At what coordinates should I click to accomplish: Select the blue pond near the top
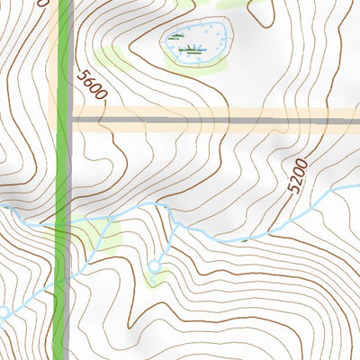coord(194,42)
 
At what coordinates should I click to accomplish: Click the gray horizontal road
coord(216,119)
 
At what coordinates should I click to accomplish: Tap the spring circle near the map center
coord(154,265)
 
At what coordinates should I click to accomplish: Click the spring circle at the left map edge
coord(3,312)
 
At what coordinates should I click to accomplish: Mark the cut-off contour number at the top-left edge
coord(38,4)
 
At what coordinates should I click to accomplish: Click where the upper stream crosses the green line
coord(63,223)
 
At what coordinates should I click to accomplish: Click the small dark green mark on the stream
coord(244,239)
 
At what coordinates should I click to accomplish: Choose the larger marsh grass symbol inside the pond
coord(189,49)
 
